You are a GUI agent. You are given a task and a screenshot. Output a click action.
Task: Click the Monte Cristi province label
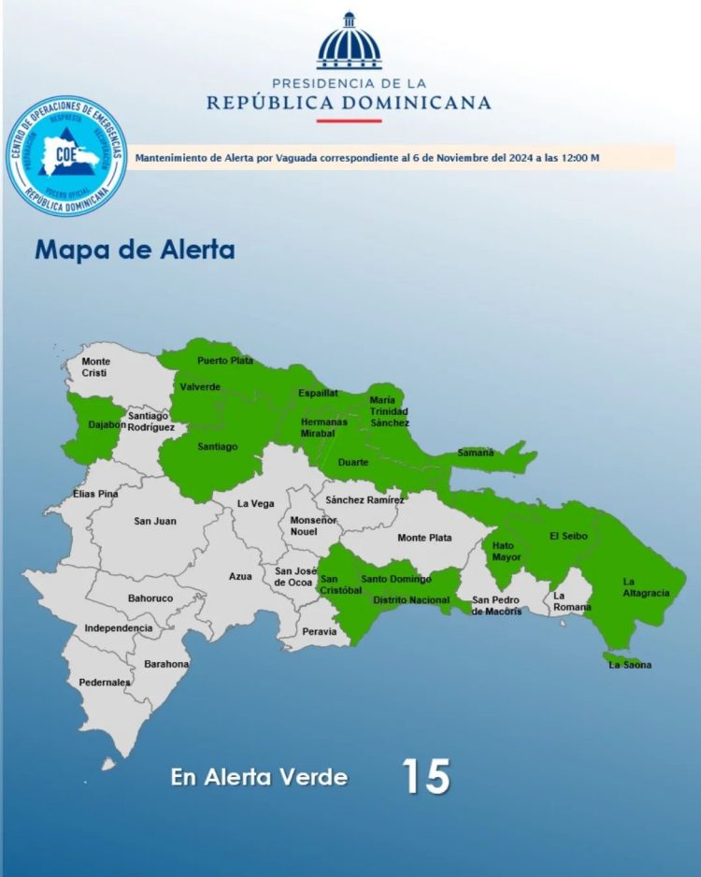[x=95, y=367]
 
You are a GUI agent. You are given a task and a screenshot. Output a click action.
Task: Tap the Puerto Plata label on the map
[x=224, y=360]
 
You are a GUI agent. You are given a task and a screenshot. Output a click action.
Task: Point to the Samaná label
[x=475, y=453]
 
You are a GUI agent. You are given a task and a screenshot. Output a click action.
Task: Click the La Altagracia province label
[x=646, y=586]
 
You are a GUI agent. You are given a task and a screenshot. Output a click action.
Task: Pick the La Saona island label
[x=630, y=665]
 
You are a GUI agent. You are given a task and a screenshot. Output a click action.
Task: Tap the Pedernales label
[x=105, y=683]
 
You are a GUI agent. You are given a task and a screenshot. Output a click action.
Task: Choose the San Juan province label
[x=154, y=521]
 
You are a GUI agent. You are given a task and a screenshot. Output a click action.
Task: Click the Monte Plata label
[x=424, y=538]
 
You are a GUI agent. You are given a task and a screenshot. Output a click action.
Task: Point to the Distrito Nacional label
[x=411, y=600]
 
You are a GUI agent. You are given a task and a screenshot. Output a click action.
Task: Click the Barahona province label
[x=166, y=664]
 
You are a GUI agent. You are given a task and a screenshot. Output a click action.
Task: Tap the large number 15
[x=426, y=776]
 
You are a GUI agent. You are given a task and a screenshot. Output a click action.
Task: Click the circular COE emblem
[x=65, y=156]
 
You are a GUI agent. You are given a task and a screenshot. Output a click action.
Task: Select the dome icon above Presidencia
[x=350, y=42]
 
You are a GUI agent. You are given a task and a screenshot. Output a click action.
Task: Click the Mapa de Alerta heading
[x=135, y=251]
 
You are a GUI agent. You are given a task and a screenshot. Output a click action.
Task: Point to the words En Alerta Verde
[x=259, y=777]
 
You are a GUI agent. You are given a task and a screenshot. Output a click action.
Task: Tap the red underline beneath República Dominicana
[x=349, y=120]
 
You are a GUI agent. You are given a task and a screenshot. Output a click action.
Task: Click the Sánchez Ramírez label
[x=365, y=500]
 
